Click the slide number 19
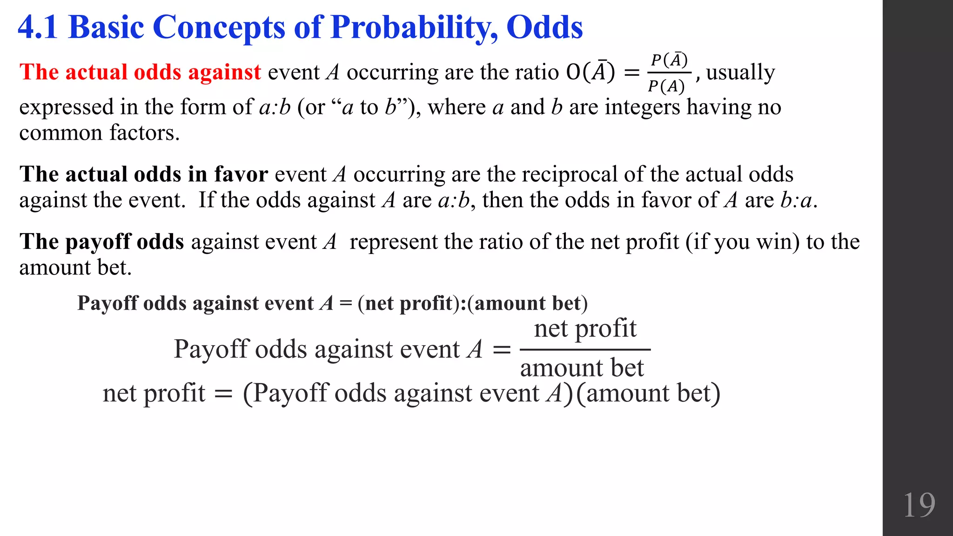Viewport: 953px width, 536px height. pos(919,505)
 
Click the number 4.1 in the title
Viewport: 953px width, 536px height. pos(38,27)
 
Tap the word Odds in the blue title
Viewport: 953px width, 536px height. pos(544,27)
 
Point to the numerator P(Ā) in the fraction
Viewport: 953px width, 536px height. pos(669,60)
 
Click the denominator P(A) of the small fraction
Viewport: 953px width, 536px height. pos(666,86)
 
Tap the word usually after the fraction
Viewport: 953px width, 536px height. pos(740,73)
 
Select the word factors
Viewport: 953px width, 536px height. pos(144,133)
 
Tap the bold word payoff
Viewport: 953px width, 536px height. pos(98,242)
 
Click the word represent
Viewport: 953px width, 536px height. pos(393,242)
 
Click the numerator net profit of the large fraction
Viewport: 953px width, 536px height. pos(585,328)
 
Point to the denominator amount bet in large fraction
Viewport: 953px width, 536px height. pos(582,368)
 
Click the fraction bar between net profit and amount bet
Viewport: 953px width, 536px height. pos(585,349)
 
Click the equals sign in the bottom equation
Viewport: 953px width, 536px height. pos(223,394)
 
